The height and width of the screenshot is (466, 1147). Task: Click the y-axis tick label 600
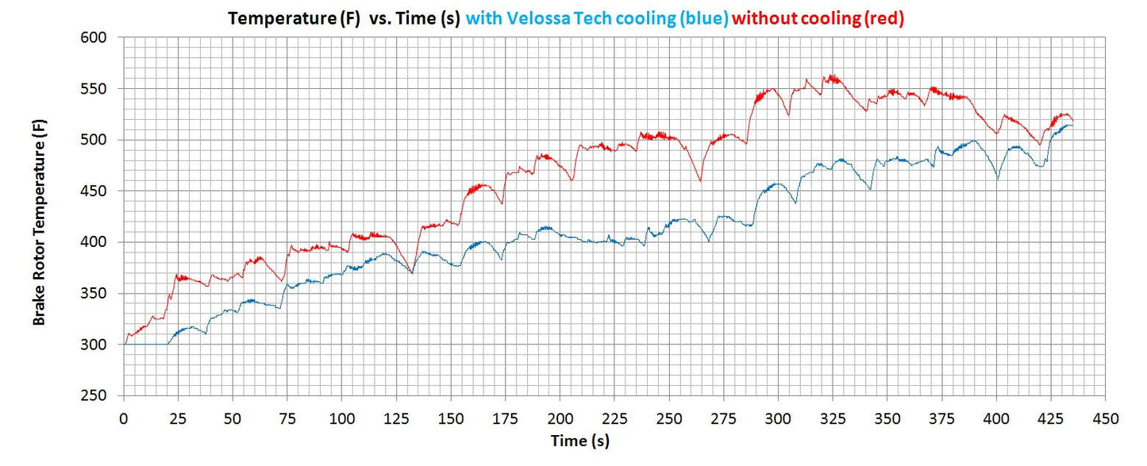pos(102,37)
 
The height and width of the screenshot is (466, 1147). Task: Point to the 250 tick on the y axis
pos(102,396)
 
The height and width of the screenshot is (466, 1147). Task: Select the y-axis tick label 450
pos(102,191)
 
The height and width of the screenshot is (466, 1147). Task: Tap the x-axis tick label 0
pos(124,418)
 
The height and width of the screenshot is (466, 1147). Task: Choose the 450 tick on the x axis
pos(1106,418)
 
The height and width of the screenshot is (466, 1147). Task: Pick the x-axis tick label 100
pos(341,418)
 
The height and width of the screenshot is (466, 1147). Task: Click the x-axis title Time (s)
pos(581,440)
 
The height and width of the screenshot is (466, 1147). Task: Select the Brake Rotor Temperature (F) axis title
pos(39,221)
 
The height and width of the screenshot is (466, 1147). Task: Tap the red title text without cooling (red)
pos(818,17)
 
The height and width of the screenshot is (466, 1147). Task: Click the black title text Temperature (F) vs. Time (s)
pos(344,17)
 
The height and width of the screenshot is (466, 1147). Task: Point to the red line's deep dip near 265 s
pos(700,181)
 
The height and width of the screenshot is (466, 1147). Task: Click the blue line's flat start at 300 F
pos(146,345)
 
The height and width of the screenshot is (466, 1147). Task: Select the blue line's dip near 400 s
pos(998,179)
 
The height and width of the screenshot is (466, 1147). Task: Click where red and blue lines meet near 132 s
pos(411,272)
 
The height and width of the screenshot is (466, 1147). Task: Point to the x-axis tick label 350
pos(887,418)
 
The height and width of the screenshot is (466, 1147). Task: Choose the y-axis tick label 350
pos(102,294)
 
